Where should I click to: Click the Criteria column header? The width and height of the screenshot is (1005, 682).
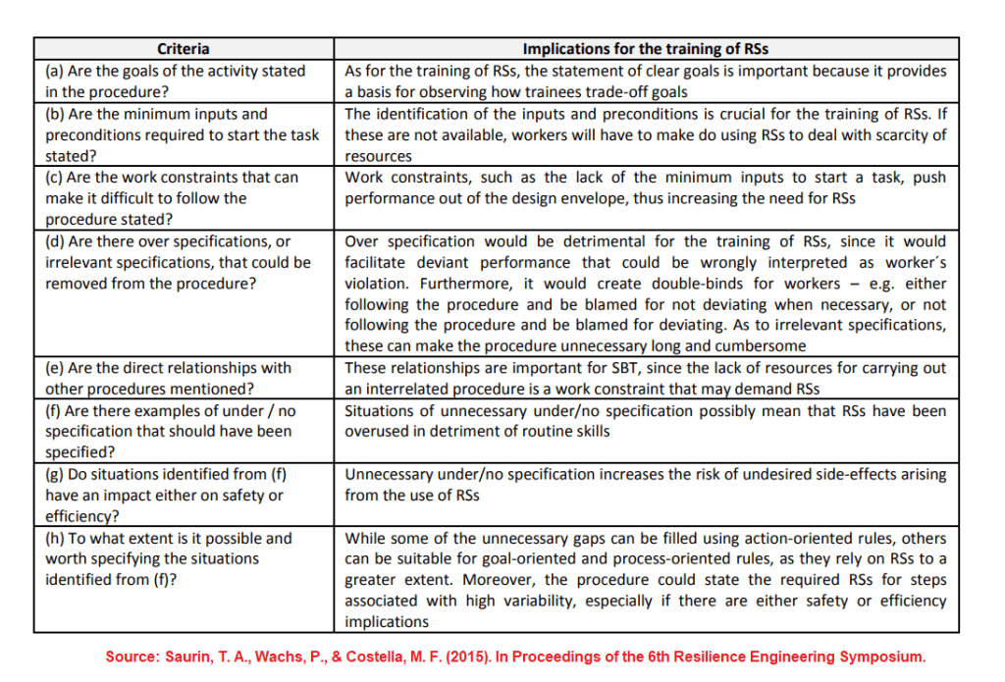pyautogui.click(x=184, y=49)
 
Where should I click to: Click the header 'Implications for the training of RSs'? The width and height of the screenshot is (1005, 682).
pyautogui.click(x=645, y=49)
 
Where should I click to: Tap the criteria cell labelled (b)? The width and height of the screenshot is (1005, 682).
pyautogui.click(x=183, y=135)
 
